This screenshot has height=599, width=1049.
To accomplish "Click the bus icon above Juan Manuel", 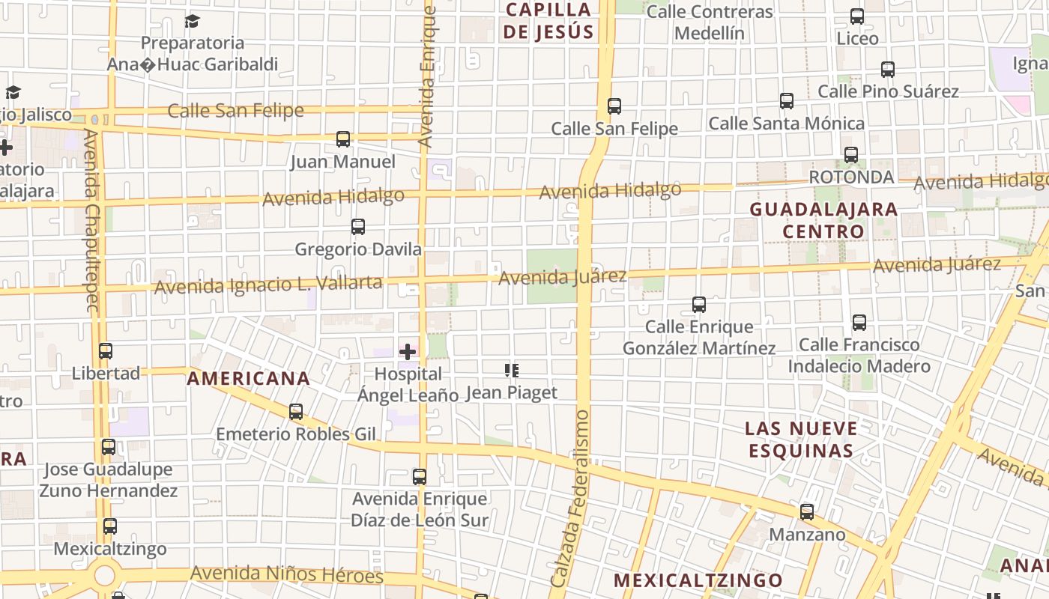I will pyautogui.click(x=343, y=139).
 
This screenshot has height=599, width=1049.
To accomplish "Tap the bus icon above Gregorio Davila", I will pyautogui.click(x=358, y=226).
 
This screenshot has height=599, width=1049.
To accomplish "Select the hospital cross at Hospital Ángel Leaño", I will pyautogui.click(x=408, y=351).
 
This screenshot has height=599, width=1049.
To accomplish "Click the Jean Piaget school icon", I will pyautogui.click(x=512, y=370).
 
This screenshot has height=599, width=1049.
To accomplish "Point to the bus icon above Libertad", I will pyautogui.click(x=106, y=350).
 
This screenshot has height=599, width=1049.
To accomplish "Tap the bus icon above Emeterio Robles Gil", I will pyautogui.click(x=296, y=411).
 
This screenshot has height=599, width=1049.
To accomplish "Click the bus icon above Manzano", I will pyautogui.click(x=807, y=512).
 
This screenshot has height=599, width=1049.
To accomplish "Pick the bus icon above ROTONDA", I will pyautogui.click(x=851, y=155).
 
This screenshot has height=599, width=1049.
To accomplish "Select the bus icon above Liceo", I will pyautogui.click(x=857, y=16).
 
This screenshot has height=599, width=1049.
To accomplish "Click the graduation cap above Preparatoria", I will pyautogui.click(x=193, y=20).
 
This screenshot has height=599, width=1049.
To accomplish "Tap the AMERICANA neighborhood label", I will pyautogui.click(x=248, y=379).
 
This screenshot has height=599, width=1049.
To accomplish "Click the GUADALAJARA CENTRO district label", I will pyautogui.click(x=823, y=220).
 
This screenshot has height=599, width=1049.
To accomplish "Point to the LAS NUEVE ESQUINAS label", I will pyautogui.click(x=801, y=440).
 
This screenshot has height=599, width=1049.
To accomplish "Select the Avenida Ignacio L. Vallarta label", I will pyautogui.click(x=268, y=285).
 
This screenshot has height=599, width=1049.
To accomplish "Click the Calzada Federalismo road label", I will pyautogui.click(x=571, y=499).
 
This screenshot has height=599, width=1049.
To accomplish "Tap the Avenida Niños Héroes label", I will pyautogui.click(x=286, y=574).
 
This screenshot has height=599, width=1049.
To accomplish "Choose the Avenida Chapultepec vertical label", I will pyautogui.click(x=92, y=220).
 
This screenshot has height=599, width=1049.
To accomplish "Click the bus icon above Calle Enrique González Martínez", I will pyautogui.click(x=699, y=305).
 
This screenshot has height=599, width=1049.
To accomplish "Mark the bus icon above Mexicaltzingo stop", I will pyautogui.click(x=110, y=526).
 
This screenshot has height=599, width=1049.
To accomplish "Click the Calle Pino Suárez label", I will pyautogui.click(x=888, y=91).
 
